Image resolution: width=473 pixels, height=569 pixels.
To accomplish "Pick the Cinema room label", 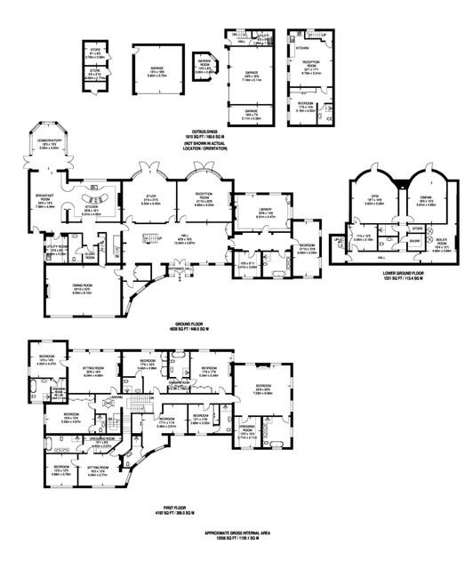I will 422,202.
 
